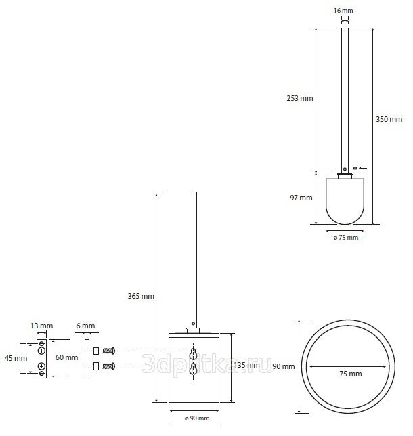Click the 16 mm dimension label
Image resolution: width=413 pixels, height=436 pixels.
[x=343, y=11]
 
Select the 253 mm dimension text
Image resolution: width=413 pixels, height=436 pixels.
[x=300, y=98]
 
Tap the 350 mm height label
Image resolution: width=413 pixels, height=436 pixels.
[x=389, y=119]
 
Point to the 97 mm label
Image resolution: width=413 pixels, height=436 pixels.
[x=301, y=198]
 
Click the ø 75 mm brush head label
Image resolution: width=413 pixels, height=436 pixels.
[x=346, y=238]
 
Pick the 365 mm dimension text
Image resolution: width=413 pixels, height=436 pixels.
[x=141, y=296]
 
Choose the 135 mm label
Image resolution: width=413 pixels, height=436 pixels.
[x=246, y=364]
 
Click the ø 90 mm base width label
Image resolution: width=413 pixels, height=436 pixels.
[x=197, y=418]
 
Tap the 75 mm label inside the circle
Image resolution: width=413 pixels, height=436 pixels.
[x=351, y=374]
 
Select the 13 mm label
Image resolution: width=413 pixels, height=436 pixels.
[x=42, y=326]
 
